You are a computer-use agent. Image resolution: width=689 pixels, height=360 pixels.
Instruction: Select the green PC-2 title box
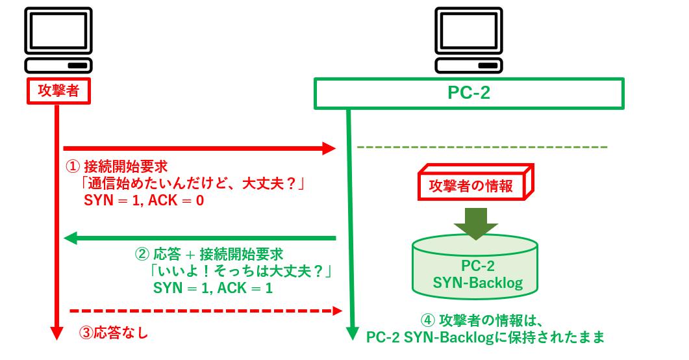469,93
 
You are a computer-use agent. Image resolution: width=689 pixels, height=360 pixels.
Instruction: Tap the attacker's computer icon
58,40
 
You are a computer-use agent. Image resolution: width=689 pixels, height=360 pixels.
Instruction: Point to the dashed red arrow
205,311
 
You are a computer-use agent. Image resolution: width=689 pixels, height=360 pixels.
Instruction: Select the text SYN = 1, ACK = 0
144,201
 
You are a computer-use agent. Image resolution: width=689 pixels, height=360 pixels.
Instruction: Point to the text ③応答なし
114,334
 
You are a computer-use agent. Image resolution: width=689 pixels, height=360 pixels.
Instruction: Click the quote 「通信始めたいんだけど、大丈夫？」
191,184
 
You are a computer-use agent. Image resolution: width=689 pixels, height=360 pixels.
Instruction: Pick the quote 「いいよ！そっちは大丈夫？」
240,270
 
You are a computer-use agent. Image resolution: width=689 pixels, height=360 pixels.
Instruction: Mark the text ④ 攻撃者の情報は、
477,320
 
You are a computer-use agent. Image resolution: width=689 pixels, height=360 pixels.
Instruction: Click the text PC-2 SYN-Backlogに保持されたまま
486,337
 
